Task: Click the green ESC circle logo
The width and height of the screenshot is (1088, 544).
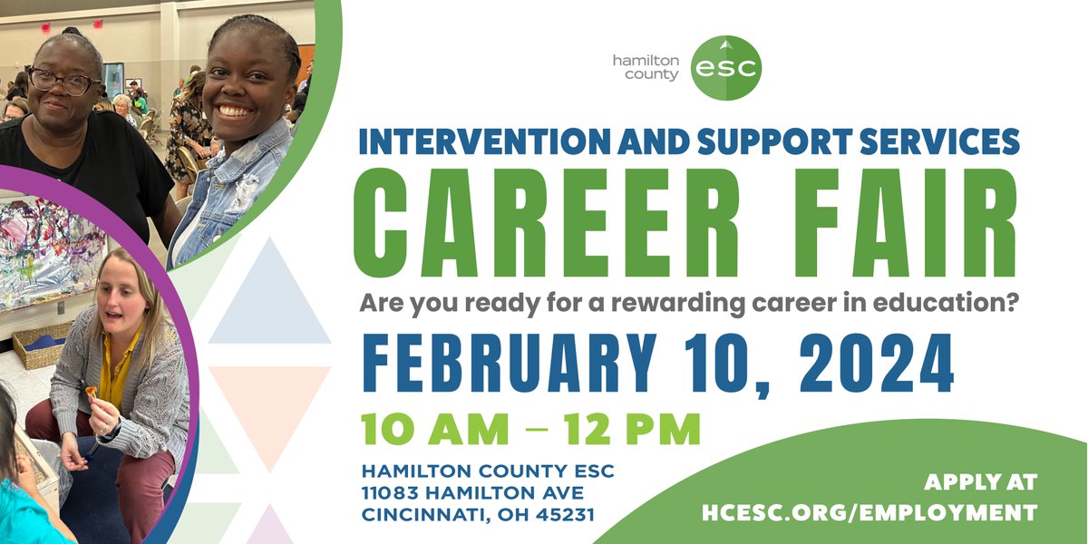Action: [x=725, y=67]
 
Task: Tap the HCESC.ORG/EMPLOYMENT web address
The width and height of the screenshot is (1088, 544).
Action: [x=869, y=512]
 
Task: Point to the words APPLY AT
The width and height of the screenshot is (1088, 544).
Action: [x=980, y=482]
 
